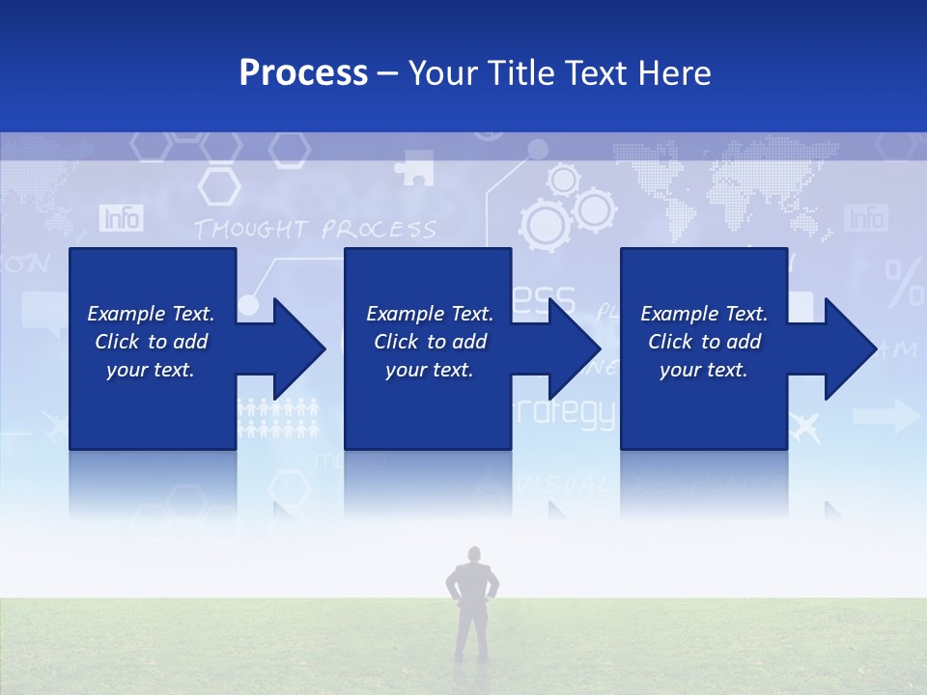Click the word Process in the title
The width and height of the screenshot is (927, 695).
(x=303, y=73)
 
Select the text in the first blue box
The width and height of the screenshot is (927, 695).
(x=151, y=342)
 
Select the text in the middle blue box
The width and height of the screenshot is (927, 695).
(x=430, y=342)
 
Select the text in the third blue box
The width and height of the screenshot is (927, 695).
(x=704, y=342)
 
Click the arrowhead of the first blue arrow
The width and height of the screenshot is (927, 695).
(x=299, y=348)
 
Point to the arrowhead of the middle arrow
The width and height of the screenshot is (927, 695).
(x=575, y=348)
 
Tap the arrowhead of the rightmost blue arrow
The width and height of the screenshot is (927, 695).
(x=851, y=348)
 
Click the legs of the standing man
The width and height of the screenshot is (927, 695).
(x=472, y=632)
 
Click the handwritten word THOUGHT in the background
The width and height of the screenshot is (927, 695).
(x=251, y=230)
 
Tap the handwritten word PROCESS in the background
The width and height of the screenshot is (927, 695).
(x=379, y=230)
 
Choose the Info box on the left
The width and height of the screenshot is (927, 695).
(x=121, y=218)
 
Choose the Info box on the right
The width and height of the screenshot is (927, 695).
(x=865, y=218)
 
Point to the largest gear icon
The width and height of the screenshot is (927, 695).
(x=547, y=224)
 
